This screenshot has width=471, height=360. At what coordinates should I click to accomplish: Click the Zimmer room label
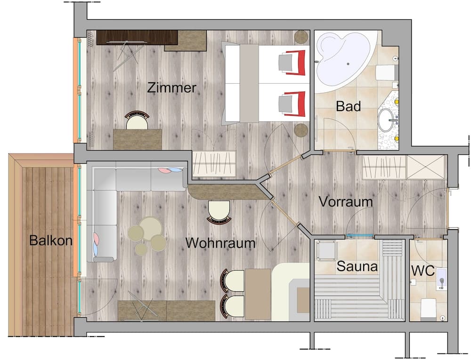click(x=171, y=88)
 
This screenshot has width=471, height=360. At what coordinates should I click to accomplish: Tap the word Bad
click(x=348, y=106)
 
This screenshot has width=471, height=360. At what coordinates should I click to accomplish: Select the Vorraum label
click(x=346, y=201)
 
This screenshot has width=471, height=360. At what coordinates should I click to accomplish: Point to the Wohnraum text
click(x=220, y=243)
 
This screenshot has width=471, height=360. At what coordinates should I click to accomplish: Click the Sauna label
click(x=357, y=267)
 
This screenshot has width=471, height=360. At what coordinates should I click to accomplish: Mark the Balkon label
click(x=50, y=240)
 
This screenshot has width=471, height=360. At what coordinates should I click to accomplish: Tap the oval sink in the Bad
click(x=388, y=120)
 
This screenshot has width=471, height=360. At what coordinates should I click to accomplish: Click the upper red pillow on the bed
click(x=292, y=63)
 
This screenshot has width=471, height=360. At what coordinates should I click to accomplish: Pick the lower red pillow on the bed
click(x=292, y=104)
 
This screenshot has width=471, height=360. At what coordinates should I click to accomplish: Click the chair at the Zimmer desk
click(x=137, y=120)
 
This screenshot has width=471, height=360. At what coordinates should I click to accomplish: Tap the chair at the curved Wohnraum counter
click(x=219, y=210)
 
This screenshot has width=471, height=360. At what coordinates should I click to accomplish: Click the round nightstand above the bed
click(x=301, y=36)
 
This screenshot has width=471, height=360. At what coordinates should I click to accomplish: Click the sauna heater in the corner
click(x=325, y=250)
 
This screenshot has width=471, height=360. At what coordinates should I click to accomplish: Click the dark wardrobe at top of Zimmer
click(x=137, y=37)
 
